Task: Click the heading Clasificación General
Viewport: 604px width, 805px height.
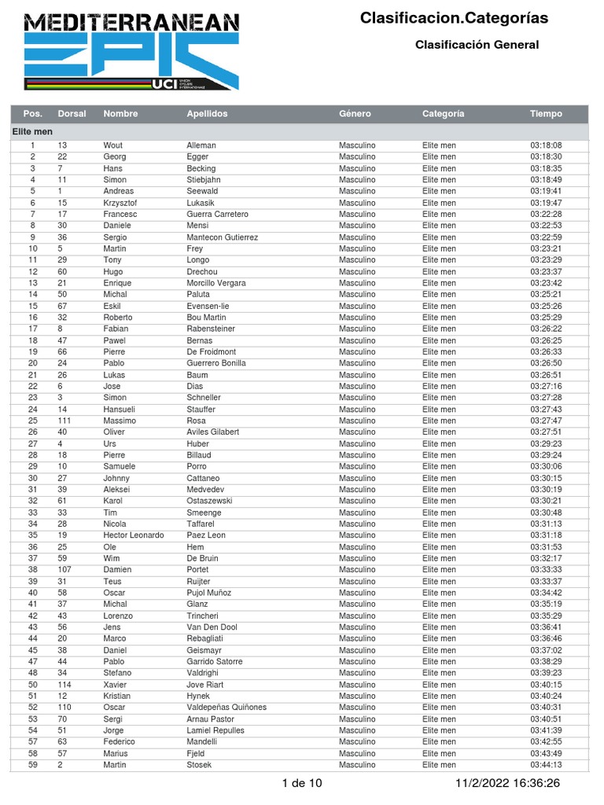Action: [x=477, y=45]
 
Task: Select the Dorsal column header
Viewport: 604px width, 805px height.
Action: [x=72, y=114]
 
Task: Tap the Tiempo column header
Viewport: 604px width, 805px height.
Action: [x=546, y=114]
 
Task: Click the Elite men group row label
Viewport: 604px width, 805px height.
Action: [x=32, y=132]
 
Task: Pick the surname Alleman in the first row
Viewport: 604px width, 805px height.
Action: [x=201, y=145]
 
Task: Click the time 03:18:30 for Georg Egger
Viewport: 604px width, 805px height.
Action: [x=546, y=157]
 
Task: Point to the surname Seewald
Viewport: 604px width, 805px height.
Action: [x=203, y=191]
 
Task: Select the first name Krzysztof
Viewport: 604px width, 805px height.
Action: [x=122, y=203]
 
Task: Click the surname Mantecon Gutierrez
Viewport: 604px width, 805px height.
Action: [x=222, y=237]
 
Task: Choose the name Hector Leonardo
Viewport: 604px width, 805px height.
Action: [x=134, y=535]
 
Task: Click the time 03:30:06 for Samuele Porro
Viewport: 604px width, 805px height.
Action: [x=546, y=466]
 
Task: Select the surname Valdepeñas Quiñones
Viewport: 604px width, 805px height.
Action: [x=226, y=708]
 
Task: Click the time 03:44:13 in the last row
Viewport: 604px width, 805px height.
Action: [x=546, y=765]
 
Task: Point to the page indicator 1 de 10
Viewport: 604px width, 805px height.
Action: [x=301, y=783]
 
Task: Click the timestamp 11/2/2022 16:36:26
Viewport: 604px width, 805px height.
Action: [x=508, y=783]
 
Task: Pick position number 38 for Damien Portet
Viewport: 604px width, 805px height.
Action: [x=33, y=570]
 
